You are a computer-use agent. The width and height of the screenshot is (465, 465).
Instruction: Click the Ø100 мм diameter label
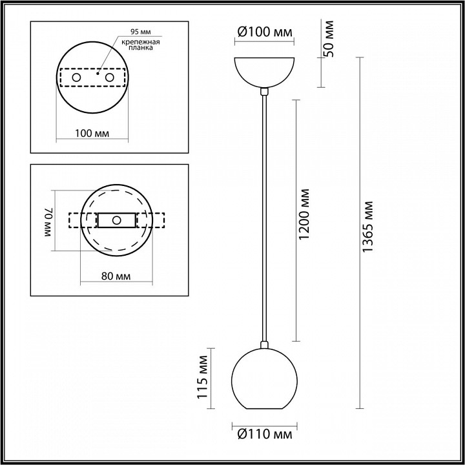[x=263, y=32]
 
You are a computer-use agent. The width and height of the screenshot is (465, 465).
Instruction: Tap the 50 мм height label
[x=330, y=39]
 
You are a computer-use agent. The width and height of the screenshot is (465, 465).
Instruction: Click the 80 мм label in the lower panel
[x=116, y=276]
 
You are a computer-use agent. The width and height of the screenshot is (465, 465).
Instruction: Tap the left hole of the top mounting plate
[x=77, y=77]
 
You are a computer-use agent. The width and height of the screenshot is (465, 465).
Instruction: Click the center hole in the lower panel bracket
[x=116, y=220]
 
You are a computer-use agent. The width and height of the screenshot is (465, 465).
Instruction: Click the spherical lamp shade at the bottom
[x=263, y=381]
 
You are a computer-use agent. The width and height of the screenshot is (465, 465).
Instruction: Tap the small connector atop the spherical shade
[x=263, y=344]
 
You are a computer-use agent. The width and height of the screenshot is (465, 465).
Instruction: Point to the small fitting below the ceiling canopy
[x=263, y=92]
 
